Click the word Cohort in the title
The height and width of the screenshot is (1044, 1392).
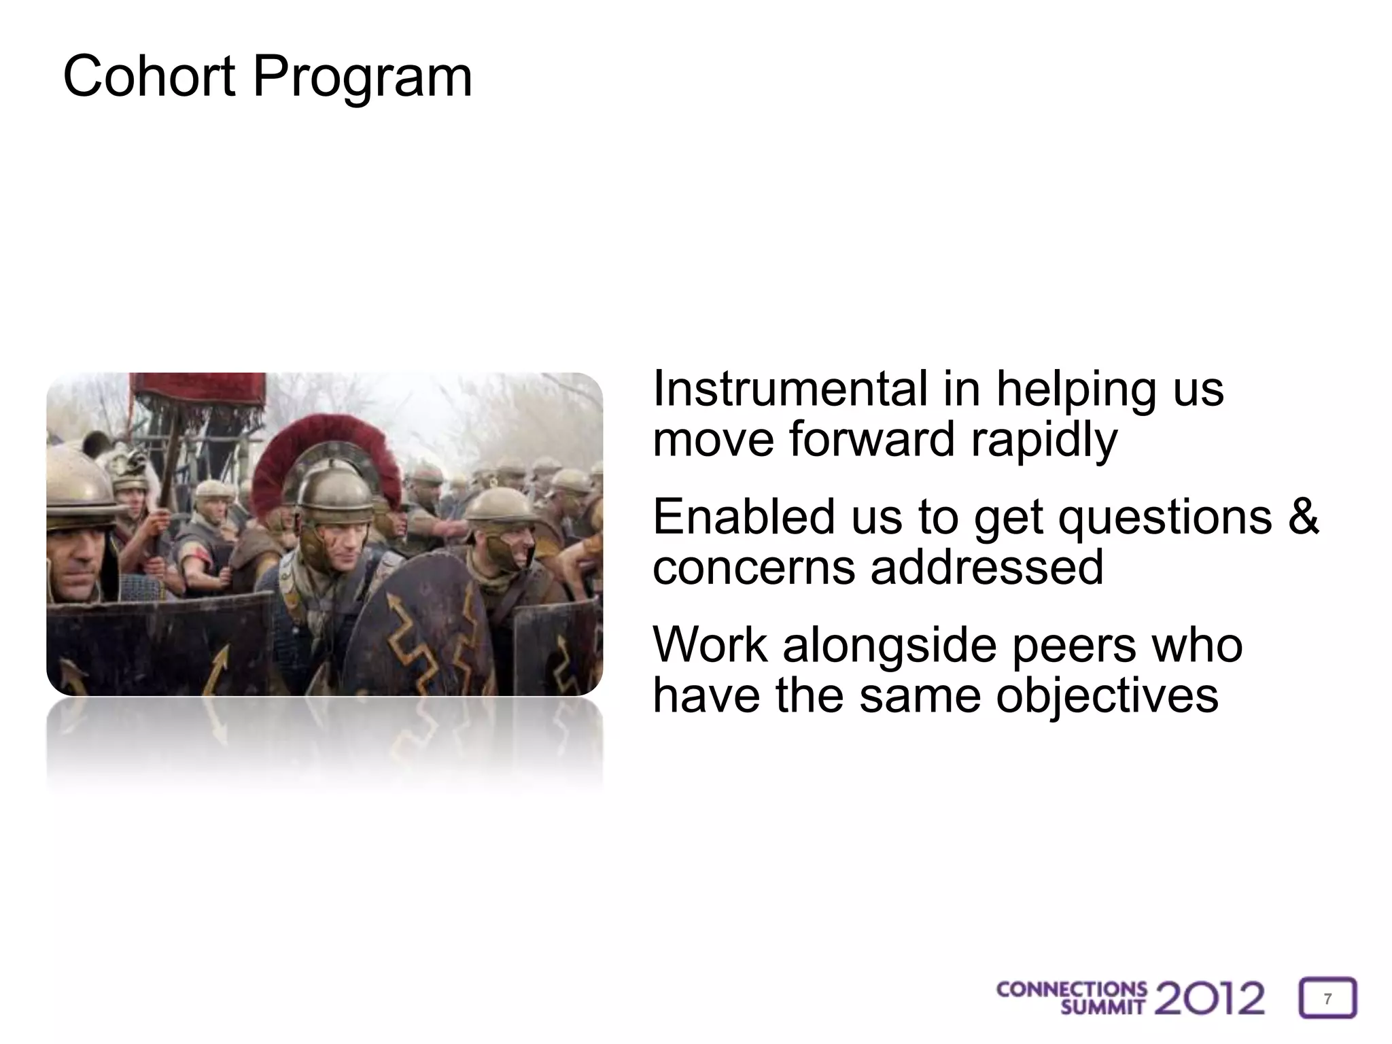pyautogui.click(x=148, y=76)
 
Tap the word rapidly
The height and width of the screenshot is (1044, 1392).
pyautogui.click(x=1044, y=440)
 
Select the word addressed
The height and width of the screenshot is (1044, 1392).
pyautogui.click(x=987, y=567)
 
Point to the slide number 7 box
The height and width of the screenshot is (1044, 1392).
pyautogui.click(x=1327, y=998)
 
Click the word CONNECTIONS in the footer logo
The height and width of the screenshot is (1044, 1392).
pyautogui.click(x=1071, y=990)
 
